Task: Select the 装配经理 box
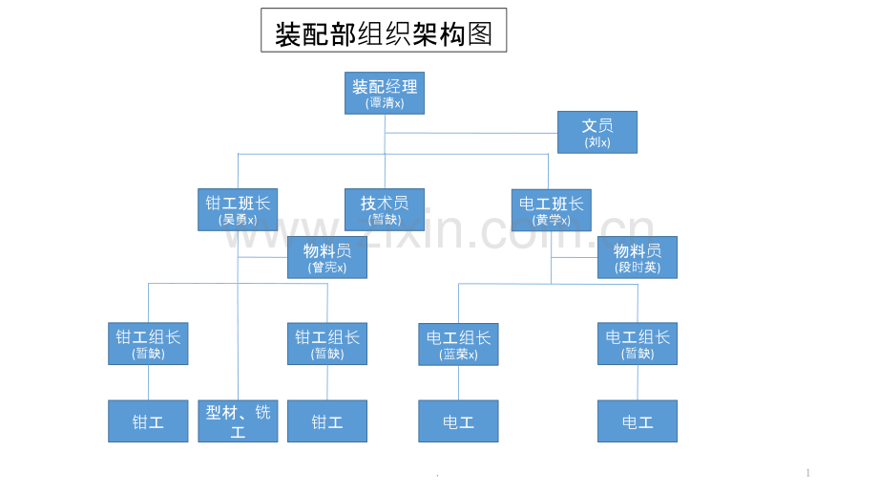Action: coord(384,93)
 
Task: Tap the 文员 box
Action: coord(596,132)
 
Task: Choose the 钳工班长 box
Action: coord(238,209)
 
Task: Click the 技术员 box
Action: coord(384,209)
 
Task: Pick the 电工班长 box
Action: coord(551,210)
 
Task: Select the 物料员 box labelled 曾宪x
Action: coord(327,257)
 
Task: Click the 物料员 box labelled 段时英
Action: coord(638,257)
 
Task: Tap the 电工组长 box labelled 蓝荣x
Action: coord(458,344)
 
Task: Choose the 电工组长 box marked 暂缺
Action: coord(638,344)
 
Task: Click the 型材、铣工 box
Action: coord(238,421)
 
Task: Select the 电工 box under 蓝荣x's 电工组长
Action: coord(458,421)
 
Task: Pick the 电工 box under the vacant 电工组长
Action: coord(638,421)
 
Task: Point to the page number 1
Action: coord(808,473)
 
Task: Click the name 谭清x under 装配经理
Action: coord(385,103)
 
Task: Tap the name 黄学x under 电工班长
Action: coord(551,221)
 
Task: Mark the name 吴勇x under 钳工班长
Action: coord(238,220)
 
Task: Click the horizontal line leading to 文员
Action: coord(470,133)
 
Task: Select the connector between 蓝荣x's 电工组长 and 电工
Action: coord(459,382)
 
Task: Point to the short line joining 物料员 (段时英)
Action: coord(574,257)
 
